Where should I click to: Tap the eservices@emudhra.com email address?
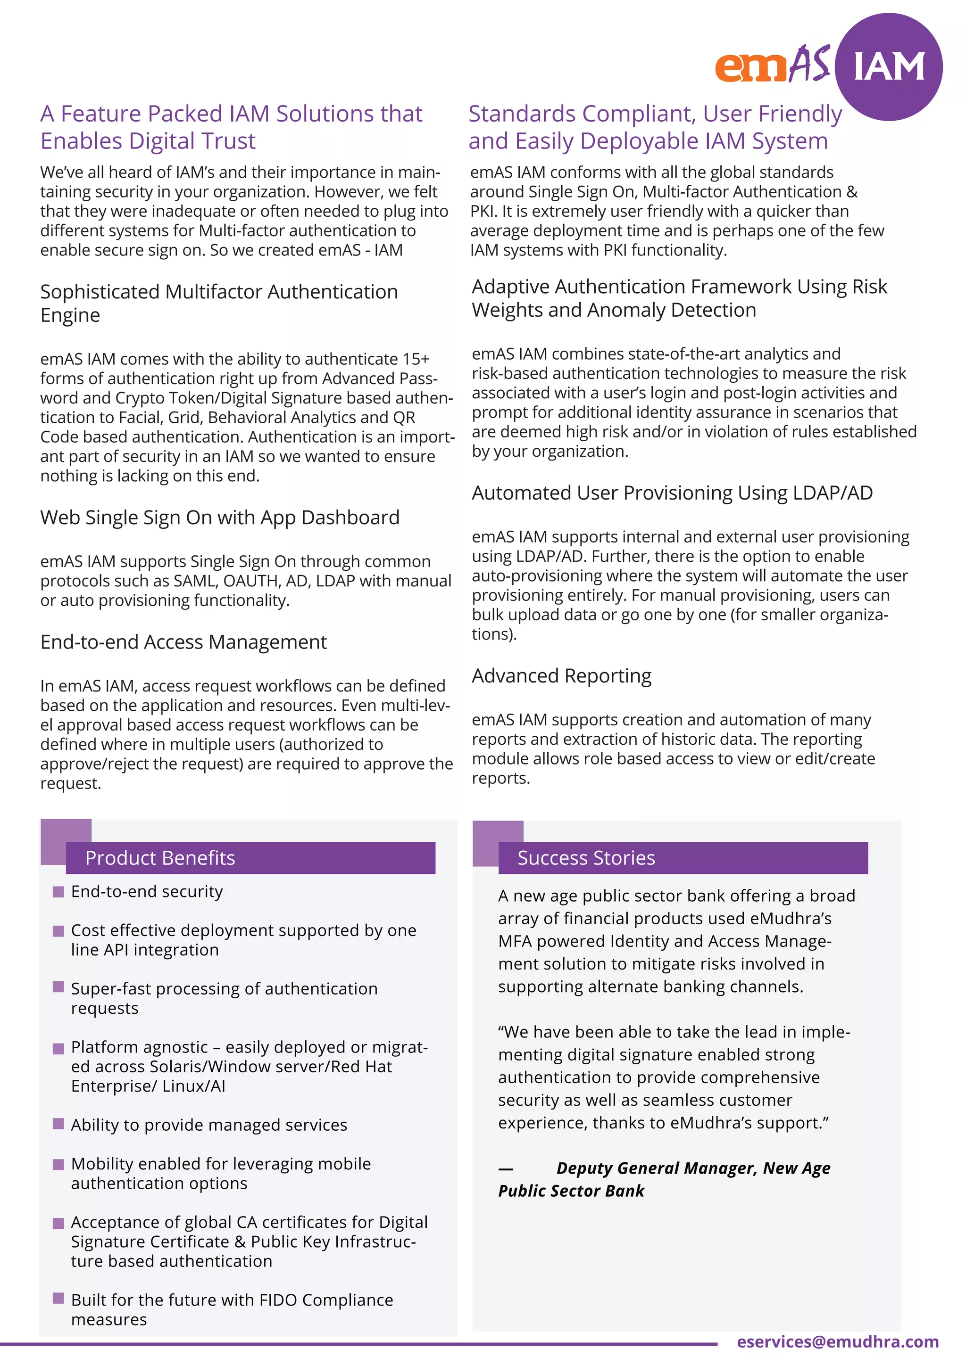[x=838, y=1342]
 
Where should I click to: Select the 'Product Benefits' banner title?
[x=160, y=858]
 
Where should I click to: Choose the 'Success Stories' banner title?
[x=586, y=858]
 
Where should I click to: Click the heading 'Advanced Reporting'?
[x=561, y=676]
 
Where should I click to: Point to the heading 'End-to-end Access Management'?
[x=183, y=642]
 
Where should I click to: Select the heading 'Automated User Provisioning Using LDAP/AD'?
[x=672, y=493]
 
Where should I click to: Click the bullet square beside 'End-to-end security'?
[x=58, y=892]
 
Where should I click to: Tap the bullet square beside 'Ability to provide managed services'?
[x=58, y=1124]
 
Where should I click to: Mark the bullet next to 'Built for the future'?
[x=58, y=1298]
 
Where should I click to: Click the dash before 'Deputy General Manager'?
[x=506, y=1169]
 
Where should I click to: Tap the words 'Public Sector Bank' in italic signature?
[x=571, y=1192]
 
